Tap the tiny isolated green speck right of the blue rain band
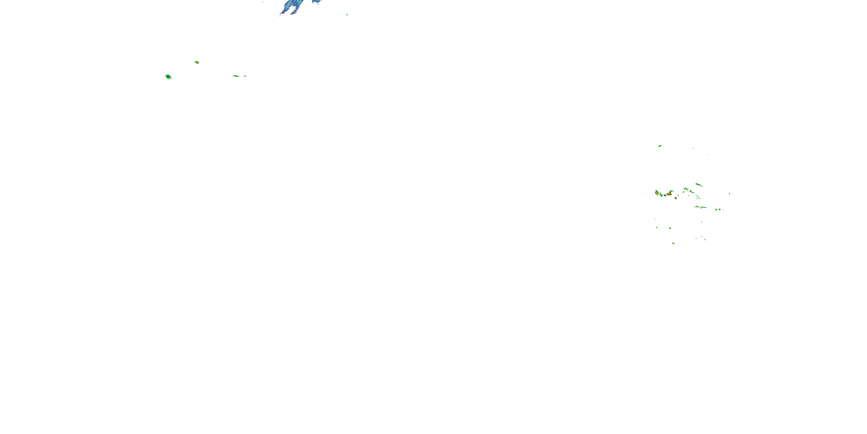click(x=347, y=14)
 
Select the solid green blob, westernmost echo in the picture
click(x=168, y=77)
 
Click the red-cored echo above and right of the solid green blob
click(x=197, y=62)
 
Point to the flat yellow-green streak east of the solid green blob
click(x=236, y=76)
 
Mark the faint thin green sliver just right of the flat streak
click(x=245, y=76)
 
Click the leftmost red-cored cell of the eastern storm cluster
click(x=657, y=193)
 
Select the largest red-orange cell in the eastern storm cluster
click(x=669, y=194)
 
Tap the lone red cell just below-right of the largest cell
click(x=676, y=198)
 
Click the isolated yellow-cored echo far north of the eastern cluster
click(x=660, y=146)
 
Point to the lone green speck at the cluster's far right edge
click(x=730, y=194)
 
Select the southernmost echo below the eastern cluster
click(x=673, y=243)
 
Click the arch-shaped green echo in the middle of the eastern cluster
click(x=686, y=189)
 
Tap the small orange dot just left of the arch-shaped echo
click(x=683, y=192)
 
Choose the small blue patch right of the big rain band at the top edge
click(x=316, y=2)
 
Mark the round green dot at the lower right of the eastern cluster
click(x=720, y=209)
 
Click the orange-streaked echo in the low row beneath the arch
click(x=701, y=207)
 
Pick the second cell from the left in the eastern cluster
click(x=661, y=195)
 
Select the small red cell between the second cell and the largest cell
click(x=665, y=195)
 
